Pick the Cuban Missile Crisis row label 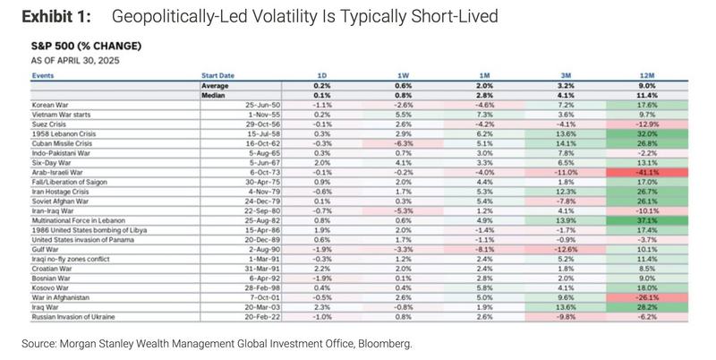pyautogui.click(x=64, y=141)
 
